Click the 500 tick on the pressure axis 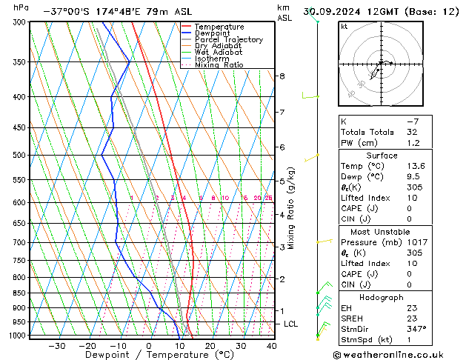point(19,155)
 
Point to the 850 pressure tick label point(19,293)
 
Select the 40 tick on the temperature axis point(271,345)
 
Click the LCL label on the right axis point(291,324)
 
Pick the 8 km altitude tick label point(282,76)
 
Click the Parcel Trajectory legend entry point(228,40)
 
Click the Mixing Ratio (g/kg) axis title point(291,208)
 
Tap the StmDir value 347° point(415,328)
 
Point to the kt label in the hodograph point(344,26)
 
